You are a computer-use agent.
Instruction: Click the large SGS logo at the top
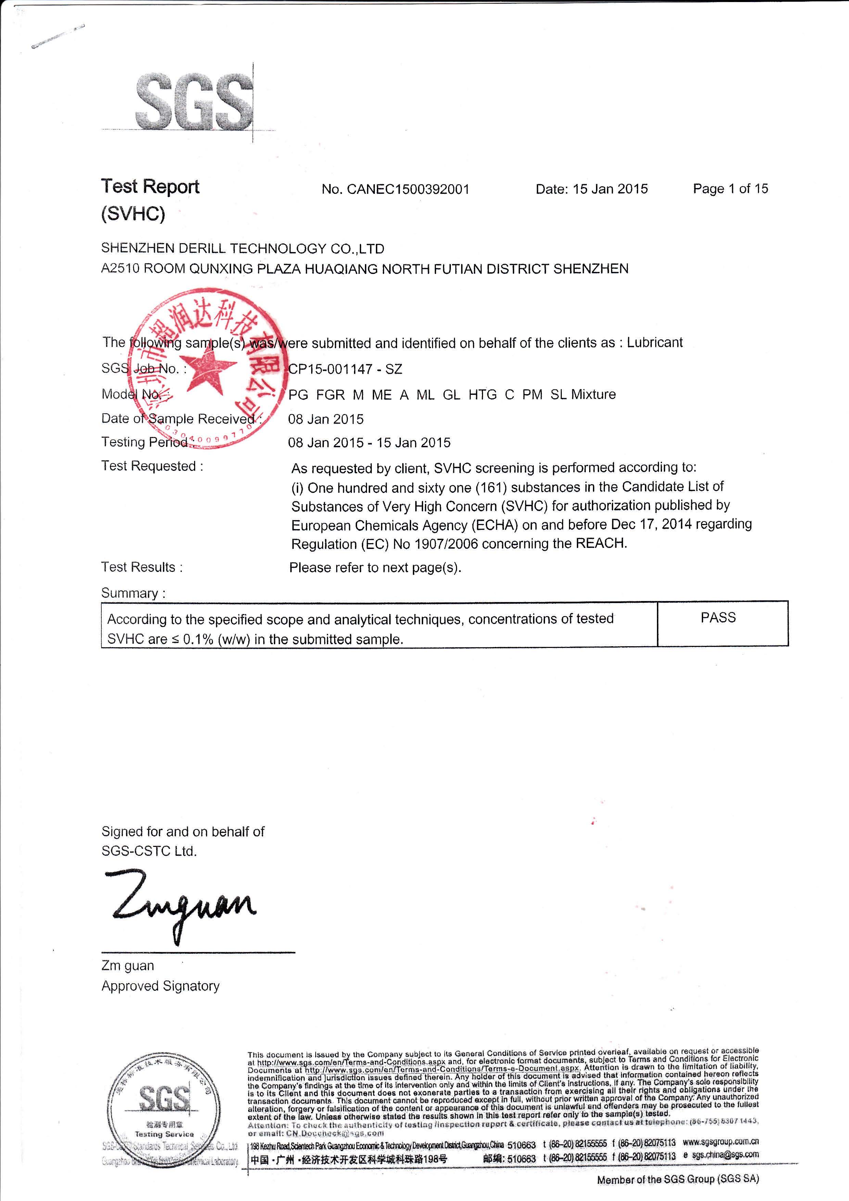pos(193,102)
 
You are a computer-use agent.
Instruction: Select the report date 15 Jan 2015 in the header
pos(610,189)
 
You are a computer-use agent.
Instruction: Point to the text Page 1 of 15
pos(730,188)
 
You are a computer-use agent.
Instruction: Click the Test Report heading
pos(150,187)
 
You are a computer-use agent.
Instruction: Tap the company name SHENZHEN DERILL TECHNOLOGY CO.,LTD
pos(243,249)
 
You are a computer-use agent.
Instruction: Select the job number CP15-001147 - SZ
pos(345,369)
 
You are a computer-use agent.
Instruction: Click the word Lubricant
pos(655,342)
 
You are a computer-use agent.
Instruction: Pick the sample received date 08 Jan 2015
pos(326,419)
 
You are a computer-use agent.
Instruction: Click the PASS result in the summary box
pos(718,618)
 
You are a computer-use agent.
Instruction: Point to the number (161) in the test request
pos(490,488)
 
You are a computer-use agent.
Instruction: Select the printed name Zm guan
pos(128,966)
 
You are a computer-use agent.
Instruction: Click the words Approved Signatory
pos(161,986)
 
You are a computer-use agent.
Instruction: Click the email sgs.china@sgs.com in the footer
pos(725,1155)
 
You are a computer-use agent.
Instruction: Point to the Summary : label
pos(133,593)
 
